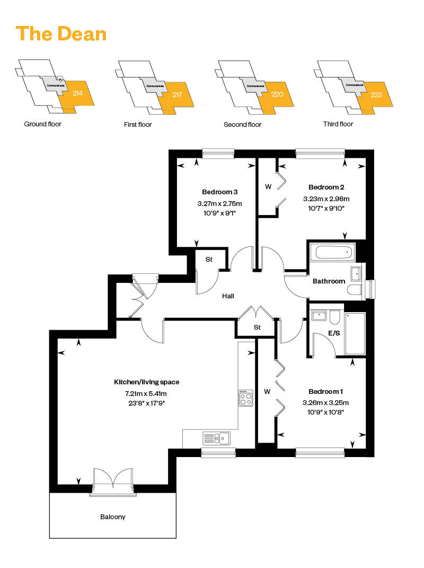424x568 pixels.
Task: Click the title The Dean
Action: point(61,34)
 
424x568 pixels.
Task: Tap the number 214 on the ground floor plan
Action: point(77,93)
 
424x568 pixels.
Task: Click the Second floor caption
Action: point(242,125)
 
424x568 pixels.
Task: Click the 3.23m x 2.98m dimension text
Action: point(326,199)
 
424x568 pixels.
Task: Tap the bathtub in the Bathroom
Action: point(332,252)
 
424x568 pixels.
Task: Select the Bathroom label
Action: point(329,281)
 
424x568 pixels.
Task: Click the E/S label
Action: point(334,333)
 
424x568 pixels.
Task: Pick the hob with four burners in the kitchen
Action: point(245,398)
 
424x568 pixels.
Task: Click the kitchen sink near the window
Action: point(217,438)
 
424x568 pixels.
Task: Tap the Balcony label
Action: point(113,517)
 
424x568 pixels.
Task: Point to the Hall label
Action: point(228,296)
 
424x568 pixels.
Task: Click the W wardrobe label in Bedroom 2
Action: point(268,187)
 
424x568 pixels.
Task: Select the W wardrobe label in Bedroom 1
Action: point(267,392)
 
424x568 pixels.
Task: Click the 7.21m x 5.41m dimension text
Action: point(145,393)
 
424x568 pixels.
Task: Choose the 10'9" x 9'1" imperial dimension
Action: point(219,213)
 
